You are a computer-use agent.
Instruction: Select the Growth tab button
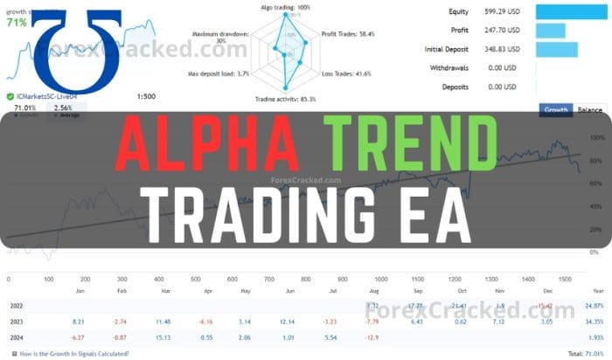[555, 110]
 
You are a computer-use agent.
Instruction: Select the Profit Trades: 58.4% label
[349, 33]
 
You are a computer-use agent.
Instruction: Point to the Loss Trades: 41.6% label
[346, 74]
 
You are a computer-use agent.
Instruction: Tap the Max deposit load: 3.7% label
[219, 73]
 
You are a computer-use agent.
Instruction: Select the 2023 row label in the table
[16, 321]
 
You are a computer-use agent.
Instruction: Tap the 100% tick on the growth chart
[599, 138]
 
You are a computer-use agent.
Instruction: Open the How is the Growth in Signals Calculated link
[73, 354]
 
